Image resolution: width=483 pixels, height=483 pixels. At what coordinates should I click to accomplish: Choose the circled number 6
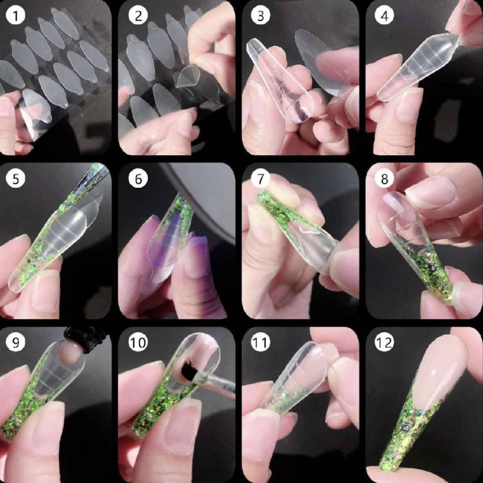click(x=138, y=179)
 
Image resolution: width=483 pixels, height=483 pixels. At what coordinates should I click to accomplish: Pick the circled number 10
click(x=138, y=342)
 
